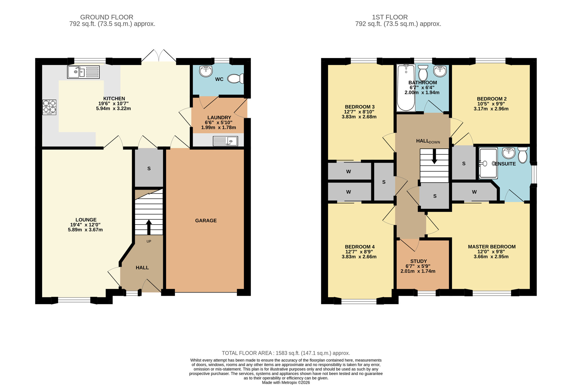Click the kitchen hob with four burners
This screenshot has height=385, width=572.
(x=49, y=107)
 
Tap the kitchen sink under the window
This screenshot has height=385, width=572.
(x=83, y=72)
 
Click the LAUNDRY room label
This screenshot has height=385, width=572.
(x=219, y=118)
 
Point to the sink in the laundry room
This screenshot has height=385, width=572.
(x=225, y=141)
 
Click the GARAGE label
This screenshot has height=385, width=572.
(x=206, y=221)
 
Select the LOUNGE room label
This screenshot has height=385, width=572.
(x=86, y=220)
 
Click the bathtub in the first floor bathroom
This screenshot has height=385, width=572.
(x=406, y=87)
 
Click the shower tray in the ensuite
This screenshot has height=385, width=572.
(x=488, y=163)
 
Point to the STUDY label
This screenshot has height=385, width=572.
(x=418, y=261)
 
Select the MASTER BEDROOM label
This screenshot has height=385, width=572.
(x=492, y=247)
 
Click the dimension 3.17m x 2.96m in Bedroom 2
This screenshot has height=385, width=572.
(x=491, y=109)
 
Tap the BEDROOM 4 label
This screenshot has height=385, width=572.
(x=360, y=247)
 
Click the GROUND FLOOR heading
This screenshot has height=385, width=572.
(x=107, y=17)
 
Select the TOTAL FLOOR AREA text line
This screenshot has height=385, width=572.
(x=286, y=353)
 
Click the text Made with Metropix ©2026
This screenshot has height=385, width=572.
(x=286, y=382)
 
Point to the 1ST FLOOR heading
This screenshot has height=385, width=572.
(x=390, y=17)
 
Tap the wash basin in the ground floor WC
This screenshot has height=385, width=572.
(x=206, y=71)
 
